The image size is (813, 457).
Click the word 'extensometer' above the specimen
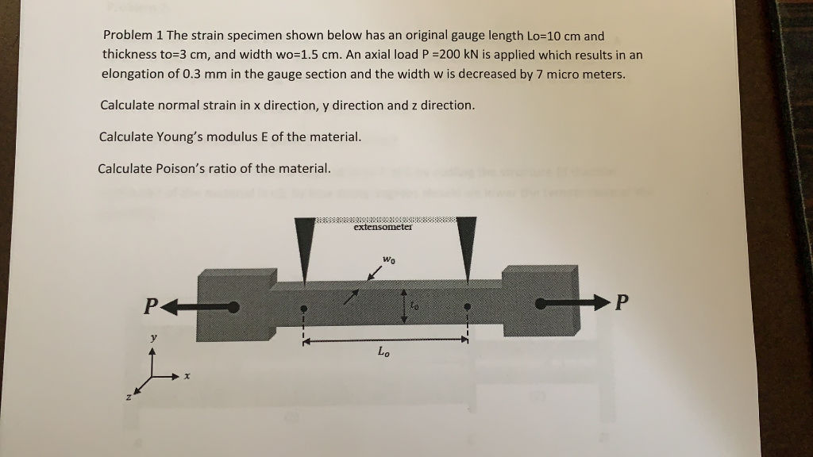coord(383,227)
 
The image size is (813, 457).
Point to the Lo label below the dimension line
coord(383,351)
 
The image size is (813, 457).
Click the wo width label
coord(388,259)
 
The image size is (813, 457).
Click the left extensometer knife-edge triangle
coord(302,246)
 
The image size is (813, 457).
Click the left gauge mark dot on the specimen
coord(302,307)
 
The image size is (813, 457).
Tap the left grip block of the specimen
coord(233,305)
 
